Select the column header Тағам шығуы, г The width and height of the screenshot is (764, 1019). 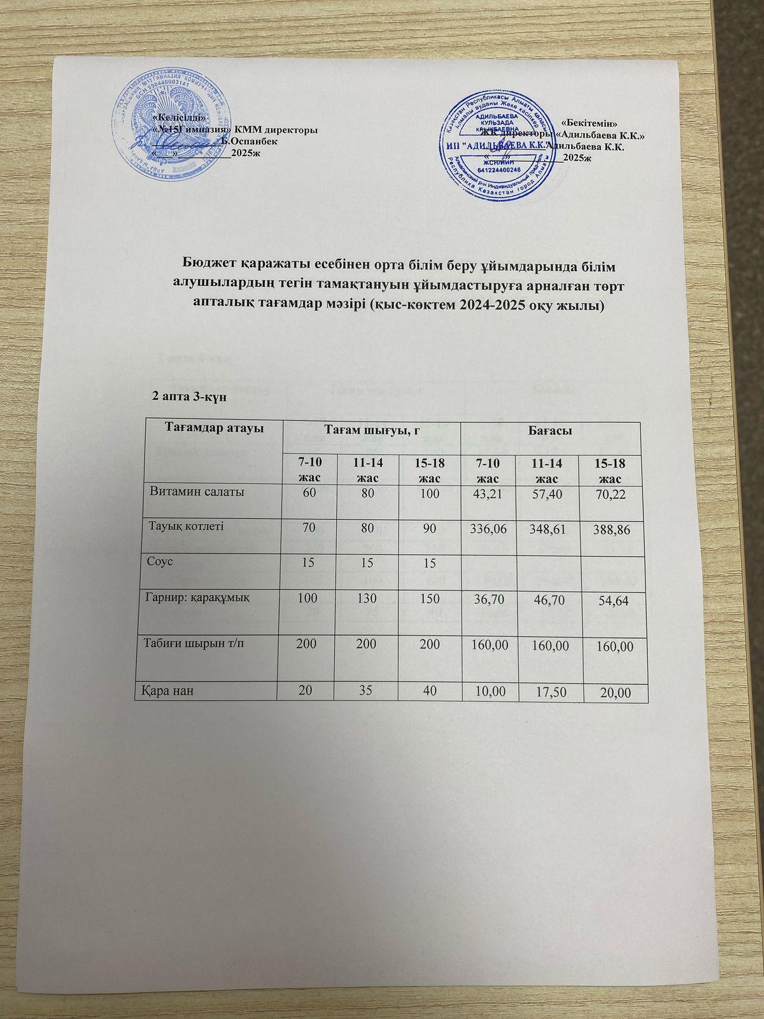point(371,431)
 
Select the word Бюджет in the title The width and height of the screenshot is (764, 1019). point(208,263)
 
